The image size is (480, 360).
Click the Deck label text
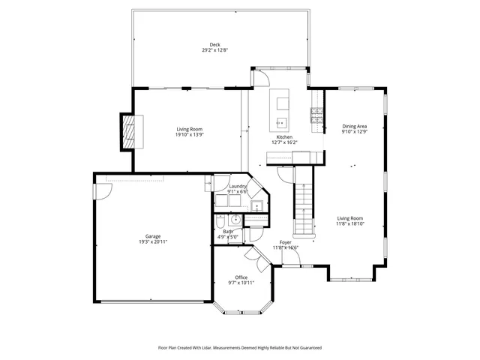tap(215, 45)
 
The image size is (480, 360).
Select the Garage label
tap(153, 236)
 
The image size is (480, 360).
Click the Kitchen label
tap(284, 137)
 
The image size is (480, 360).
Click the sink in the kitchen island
tap(283, 121)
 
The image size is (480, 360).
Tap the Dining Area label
tap(355, 126)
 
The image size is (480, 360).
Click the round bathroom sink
tap(235, 220)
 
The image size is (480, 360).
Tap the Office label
tap(241, 277)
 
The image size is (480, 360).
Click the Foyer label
tap(286, 243)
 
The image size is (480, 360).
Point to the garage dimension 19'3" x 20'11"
tap(153, 242)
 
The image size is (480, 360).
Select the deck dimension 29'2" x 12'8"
tap(215, 50)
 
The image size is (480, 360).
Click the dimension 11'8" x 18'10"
tap(350, 223)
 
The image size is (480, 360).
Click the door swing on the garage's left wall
tap(101, 192)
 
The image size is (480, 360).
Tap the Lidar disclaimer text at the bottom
tap(240, 348)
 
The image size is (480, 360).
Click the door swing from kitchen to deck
tap(263, 76)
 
